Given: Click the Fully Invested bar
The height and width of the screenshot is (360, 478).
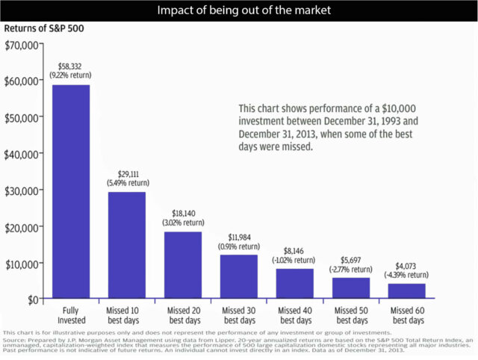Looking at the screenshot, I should pos(71,192).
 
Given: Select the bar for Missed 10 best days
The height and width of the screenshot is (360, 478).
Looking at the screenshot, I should pos(128,246).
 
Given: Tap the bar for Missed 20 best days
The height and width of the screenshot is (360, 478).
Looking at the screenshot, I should pos(184,265).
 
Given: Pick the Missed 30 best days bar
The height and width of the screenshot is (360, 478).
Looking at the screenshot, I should pos(240,277).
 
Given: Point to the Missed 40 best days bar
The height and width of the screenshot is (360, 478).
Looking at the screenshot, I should pos(295,284).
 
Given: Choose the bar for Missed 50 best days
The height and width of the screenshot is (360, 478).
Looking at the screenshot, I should pos(352,288).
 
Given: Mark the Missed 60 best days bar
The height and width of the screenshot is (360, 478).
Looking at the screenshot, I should pos(407,291).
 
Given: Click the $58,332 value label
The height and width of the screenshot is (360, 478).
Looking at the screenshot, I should pos(71,66).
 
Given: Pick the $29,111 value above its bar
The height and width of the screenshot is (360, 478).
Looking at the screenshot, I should pos(128,173).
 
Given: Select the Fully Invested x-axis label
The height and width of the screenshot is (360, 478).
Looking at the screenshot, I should pos(71,314).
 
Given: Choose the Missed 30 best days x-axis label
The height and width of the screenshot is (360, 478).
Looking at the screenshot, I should pos(240,314).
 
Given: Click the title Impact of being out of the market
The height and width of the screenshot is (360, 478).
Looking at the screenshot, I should pos(239,10).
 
